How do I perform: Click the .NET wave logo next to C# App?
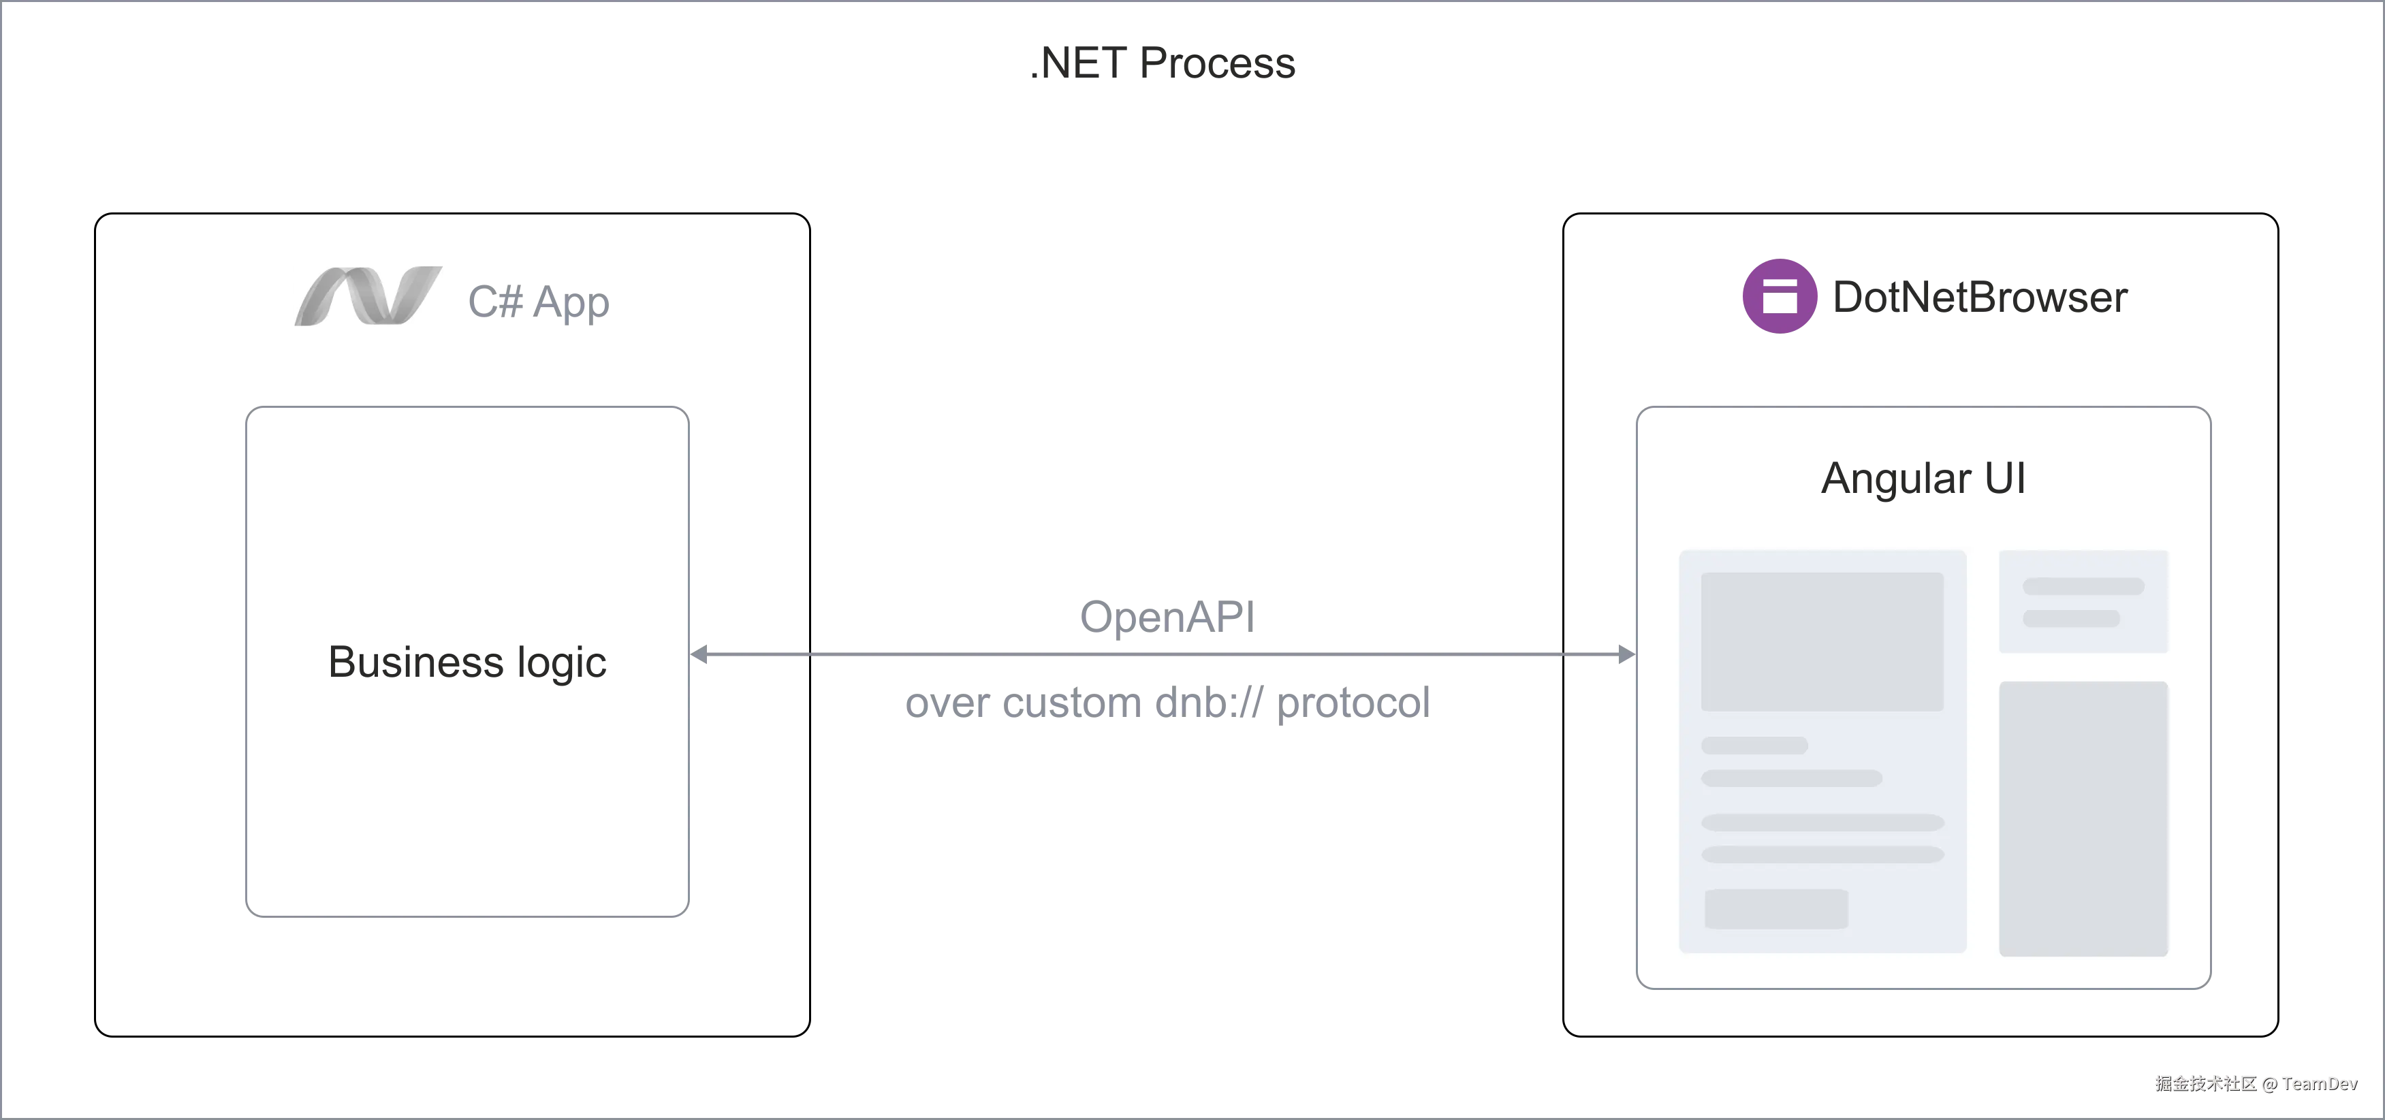pos(368,294)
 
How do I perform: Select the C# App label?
pos(538,303)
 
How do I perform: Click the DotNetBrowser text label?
pos(1978,298)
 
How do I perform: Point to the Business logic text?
pos(468,662)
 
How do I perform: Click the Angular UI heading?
pos(1923,479)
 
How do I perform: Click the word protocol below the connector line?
pos(1354,703)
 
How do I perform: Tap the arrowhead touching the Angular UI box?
pos(1625,654)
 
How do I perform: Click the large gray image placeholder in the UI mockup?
pos(1821,641)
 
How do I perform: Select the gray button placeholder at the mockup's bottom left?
pos(1775,909)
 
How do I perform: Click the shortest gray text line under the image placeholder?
pos(1754,745)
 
